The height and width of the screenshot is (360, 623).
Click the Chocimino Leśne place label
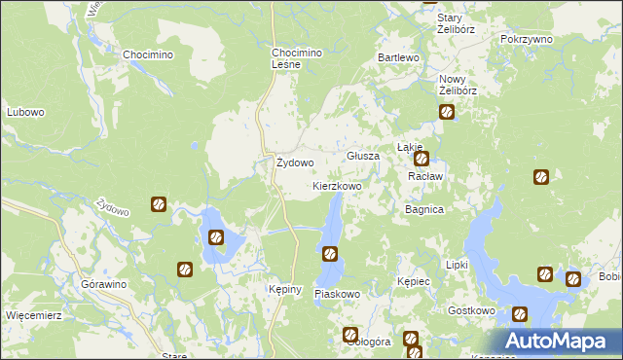point(295,57)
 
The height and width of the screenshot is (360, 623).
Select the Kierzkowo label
point(337,185)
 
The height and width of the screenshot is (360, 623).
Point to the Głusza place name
point(363,156)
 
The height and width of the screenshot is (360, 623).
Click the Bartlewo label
point(398,58)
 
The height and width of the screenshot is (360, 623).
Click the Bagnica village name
point(424,209)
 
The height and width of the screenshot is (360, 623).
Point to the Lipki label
point(457,265)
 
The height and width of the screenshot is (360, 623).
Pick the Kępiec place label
point(414,280)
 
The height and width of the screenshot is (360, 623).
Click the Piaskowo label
point(338,294)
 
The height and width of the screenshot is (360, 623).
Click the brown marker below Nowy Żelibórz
point(447,112)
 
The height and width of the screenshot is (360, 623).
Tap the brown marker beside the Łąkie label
point(421,158)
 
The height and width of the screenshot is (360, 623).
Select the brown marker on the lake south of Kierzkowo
point(330,254)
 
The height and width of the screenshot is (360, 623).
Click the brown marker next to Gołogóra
point(350,336)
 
